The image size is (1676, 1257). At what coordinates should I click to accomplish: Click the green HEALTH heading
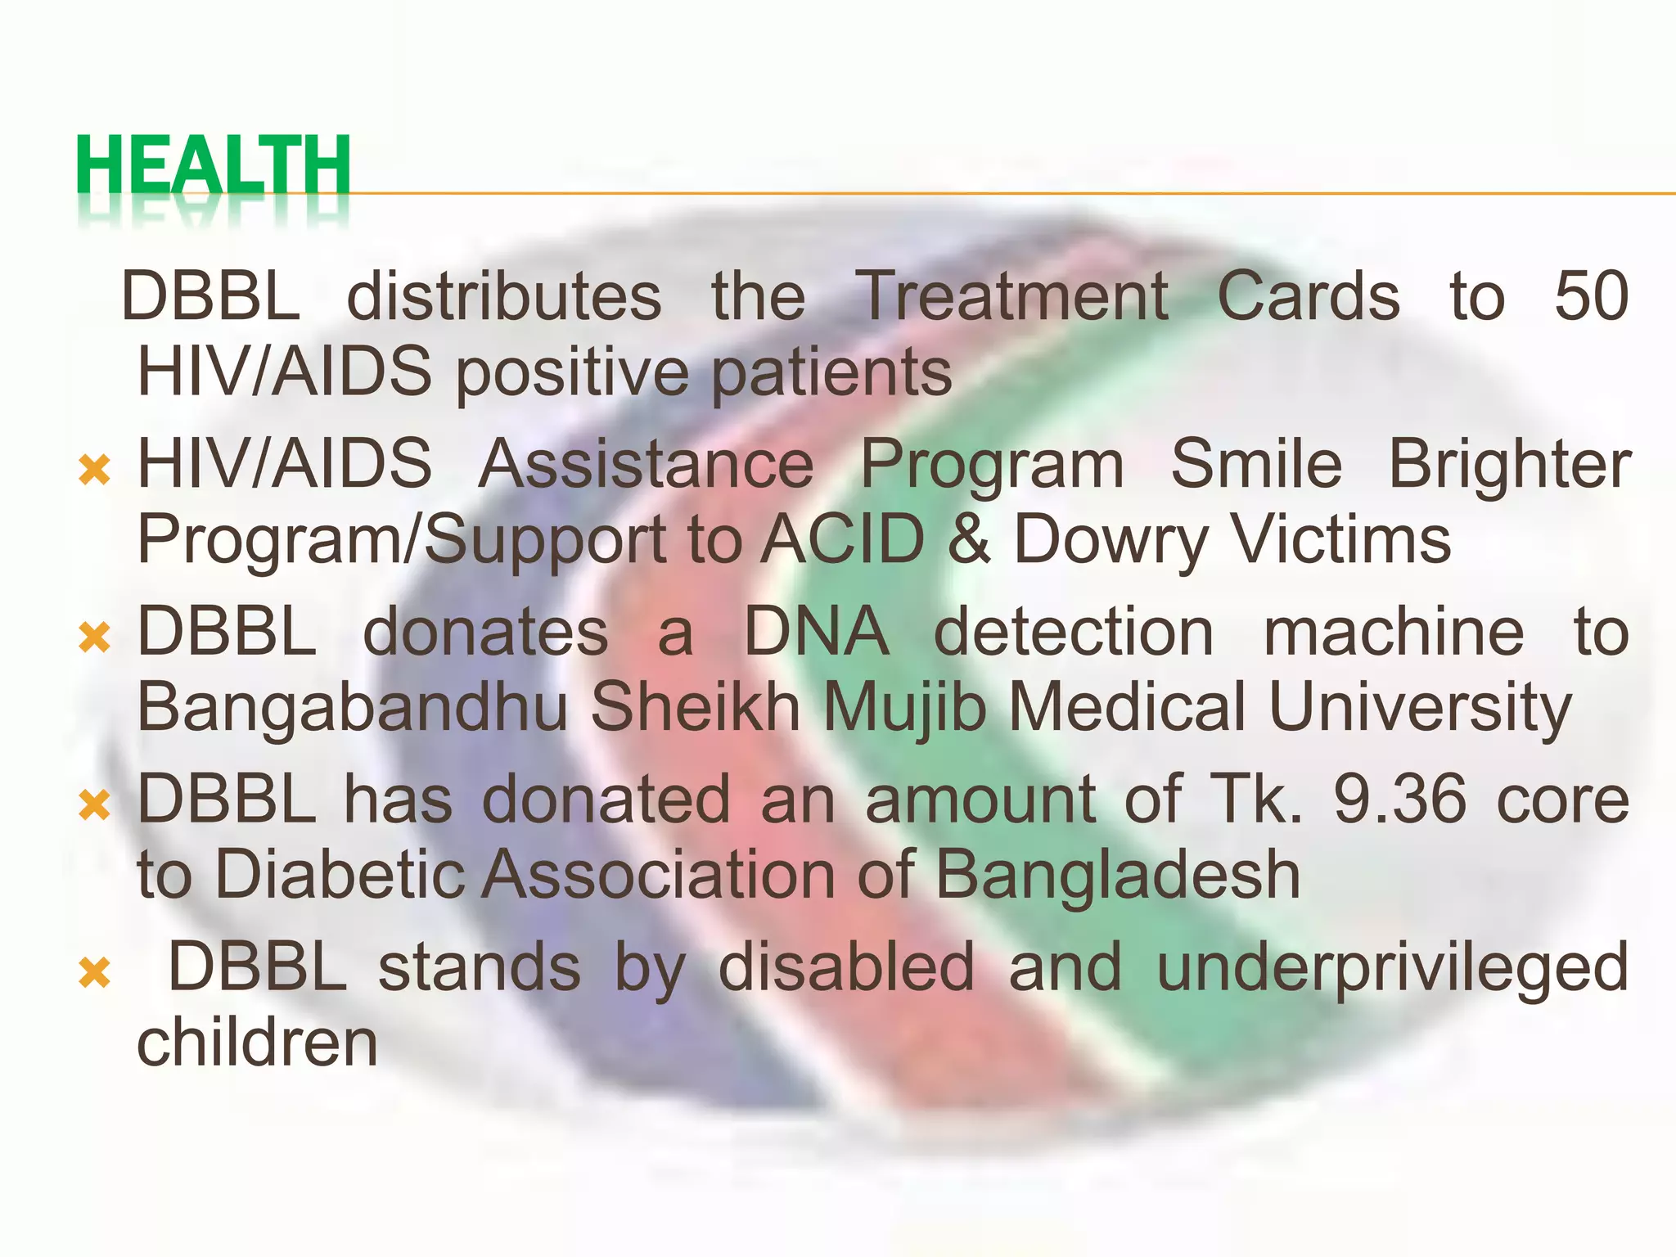pyautogui.click(x=214, y=166)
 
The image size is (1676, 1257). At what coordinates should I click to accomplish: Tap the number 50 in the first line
pyautogui.click(x=1591, y=296)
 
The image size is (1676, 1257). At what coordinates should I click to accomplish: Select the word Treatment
pyautogui.click(x=1011, y=296)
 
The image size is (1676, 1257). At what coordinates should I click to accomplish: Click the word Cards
pyautogui.click(x=1309, y=296)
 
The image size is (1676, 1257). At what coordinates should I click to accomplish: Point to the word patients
pyautogui.click(x=831, y=373)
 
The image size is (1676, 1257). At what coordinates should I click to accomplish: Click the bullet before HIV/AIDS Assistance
pyautogui.click(x=95, y=471)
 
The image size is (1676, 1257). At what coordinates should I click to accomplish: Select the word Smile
pyautogui.click(x=1256, y=464)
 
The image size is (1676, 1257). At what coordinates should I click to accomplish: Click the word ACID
pyautogui.click(x=842, y=540)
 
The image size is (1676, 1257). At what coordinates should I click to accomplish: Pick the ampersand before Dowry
pyautogui.click(x=969, y=540)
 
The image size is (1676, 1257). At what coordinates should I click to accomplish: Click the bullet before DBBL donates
pyautogui.click(x=95, y=638)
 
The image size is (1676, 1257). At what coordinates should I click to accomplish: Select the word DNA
pyautogui.click(x=816, y=632)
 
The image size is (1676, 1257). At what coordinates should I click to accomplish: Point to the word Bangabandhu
pyautogui.click(x=353, y=708)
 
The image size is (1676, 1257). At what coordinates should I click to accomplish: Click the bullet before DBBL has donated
pyautogui.click(x=95, y=805)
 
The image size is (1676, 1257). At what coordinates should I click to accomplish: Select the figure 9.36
pyautogui.click(x=1400, y=800)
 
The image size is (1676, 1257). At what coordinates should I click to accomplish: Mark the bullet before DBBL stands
pyautogui.click(x=95, y=973)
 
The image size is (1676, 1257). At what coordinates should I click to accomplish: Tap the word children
pyautogui.click(x=257, y=1043)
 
